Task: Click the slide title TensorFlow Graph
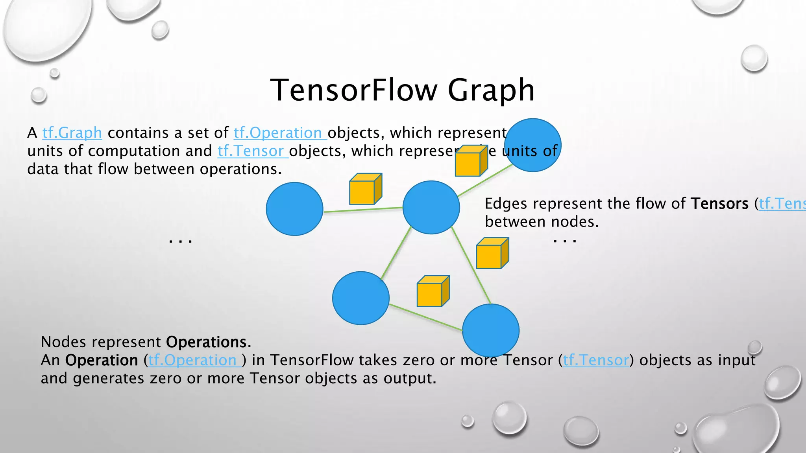(x=402, y=90)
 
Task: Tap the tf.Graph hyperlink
(x=72, y=133)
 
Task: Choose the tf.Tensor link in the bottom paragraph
(x=596, y=360)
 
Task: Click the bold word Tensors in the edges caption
(x=720, y=204)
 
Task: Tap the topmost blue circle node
(x=532, y=145)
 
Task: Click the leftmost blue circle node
(x=294, y=209)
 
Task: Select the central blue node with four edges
(x=431, y=207)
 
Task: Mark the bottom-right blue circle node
(x=490, y=330)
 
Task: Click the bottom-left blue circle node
(x=360, y=298)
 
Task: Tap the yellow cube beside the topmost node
(x=471, y=161)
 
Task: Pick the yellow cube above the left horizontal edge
(x=365, y=189)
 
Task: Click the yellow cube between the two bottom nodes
(x=433, y=291)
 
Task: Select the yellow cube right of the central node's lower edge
(x=492, y=254)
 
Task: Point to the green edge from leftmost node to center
(x=362, y=210)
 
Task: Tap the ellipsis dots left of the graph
(x=180, y=241)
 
